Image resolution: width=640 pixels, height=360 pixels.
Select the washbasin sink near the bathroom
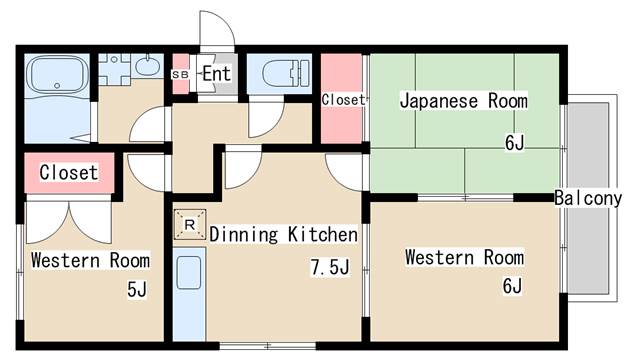(x=147, y=66)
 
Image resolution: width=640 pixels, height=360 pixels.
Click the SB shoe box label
(x=180, y=75)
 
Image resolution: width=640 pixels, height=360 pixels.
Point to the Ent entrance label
(x=217, y=74)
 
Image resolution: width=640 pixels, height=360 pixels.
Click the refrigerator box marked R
(x=190, y=224)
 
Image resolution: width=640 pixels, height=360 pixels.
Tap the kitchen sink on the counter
(x=189, y=272)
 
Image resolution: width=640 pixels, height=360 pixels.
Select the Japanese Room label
(x=463, y=101)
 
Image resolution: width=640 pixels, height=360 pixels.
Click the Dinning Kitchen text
(x=283, y=234)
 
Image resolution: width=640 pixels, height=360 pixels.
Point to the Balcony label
(x=588, y=198)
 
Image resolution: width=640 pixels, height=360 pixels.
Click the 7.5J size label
(x=330, y=267)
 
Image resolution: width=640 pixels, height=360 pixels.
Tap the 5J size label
(x=137, y=289)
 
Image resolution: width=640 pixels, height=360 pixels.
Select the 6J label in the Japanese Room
(x=514, y=142)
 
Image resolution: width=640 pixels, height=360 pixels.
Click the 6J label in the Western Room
(x=512, y=285)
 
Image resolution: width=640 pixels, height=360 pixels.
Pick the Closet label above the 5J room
(x=69, y=172)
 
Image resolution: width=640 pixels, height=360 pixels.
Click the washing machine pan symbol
(x=114, y=69)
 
